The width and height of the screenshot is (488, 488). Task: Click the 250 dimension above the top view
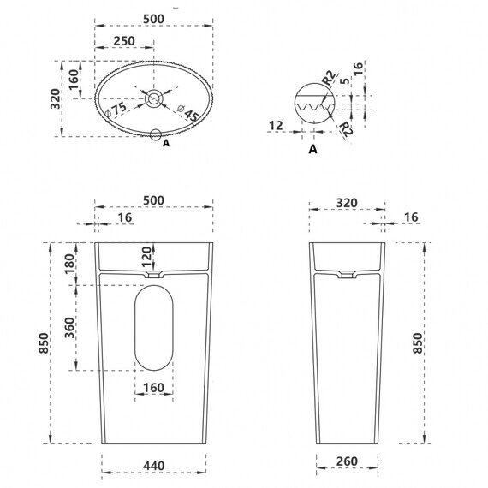pos(124,41)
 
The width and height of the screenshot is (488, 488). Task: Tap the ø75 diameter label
pos(116,110)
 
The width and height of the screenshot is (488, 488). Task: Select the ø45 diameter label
pos(188,113)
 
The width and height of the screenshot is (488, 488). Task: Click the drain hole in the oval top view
pos(154,98)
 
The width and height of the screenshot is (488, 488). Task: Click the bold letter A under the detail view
pos(312,149)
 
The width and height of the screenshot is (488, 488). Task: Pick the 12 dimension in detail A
pos(276,126)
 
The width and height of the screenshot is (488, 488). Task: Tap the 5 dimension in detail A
pos(344,80)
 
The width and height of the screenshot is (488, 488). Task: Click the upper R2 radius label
pos(330,78)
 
